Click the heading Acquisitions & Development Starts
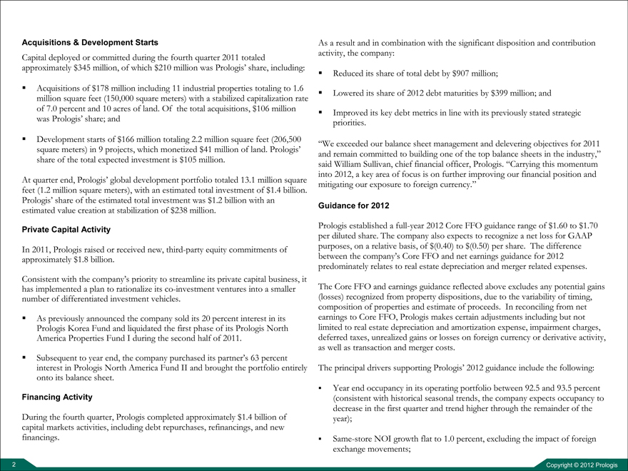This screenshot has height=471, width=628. pos(91,43)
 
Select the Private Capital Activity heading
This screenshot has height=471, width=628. pos(66,230)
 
